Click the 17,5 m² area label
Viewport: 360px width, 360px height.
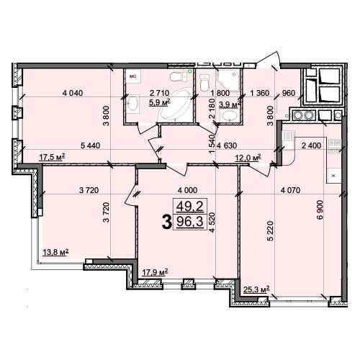point(52,157)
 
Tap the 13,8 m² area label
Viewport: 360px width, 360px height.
point(55,253)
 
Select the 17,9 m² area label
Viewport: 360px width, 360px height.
point(155,272)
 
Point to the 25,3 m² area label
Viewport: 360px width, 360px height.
point(256,289)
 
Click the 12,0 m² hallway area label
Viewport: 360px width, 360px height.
point(248,158)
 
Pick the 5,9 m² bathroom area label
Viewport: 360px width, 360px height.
point(160,102)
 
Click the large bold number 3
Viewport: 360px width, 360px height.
point(167,222)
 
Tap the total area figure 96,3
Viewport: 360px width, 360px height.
point(190,222)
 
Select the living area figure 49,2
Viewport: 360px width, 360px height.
point(190,206)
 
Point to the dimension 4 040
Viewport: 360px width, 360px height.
point(73,93)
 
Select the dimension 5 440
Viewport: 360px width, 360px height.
point(91,145)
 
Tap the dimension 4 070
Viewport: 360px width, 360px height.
point(290,190)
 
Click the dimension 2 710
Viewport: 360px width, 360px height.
point(159,93)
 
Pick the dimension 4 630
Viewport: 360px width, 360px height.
point(227,145)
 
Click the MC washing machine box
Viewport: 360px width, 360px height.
point(133,76)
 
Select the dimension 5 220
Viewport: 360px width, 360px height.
point(271,230)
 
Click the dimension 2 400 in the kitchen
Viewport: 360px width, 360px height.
point(311,145)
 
